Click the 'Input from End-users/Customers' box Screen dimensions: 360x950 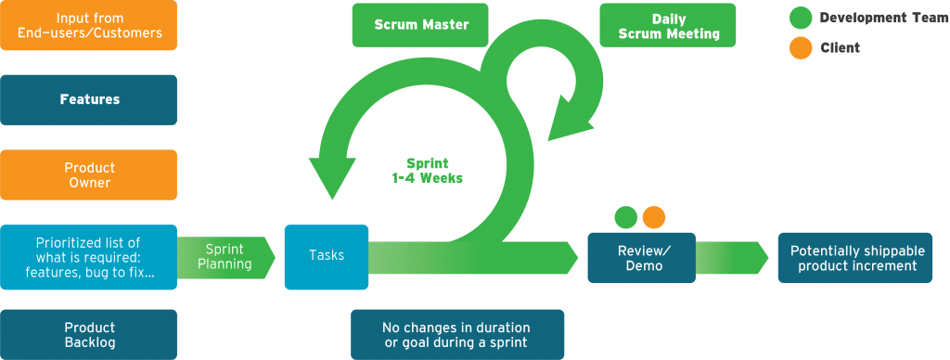(x=89, y=25)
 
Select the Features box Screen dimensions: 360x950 (x=89, y=99)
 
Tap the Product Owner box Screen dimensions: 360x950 (x=89, y=175)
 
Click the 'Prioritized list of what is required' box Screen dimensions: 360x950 (x=89, y=256)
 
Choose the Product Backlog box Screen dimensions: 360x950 (x=89, y=334)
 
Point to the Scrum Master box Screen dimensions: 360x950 (x=419, y=25)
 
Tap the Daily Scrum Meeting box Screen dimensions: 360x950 (x=667, y=25)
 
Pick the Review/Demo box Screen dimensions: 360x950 (x=640, y=258)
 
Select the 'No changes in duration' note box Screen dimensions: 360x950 (x=456, y=334)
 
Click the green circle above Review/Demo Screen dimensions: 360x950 (x=626, y=217)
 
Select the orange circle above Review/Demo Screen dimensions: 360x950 (x=654, y=217)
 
